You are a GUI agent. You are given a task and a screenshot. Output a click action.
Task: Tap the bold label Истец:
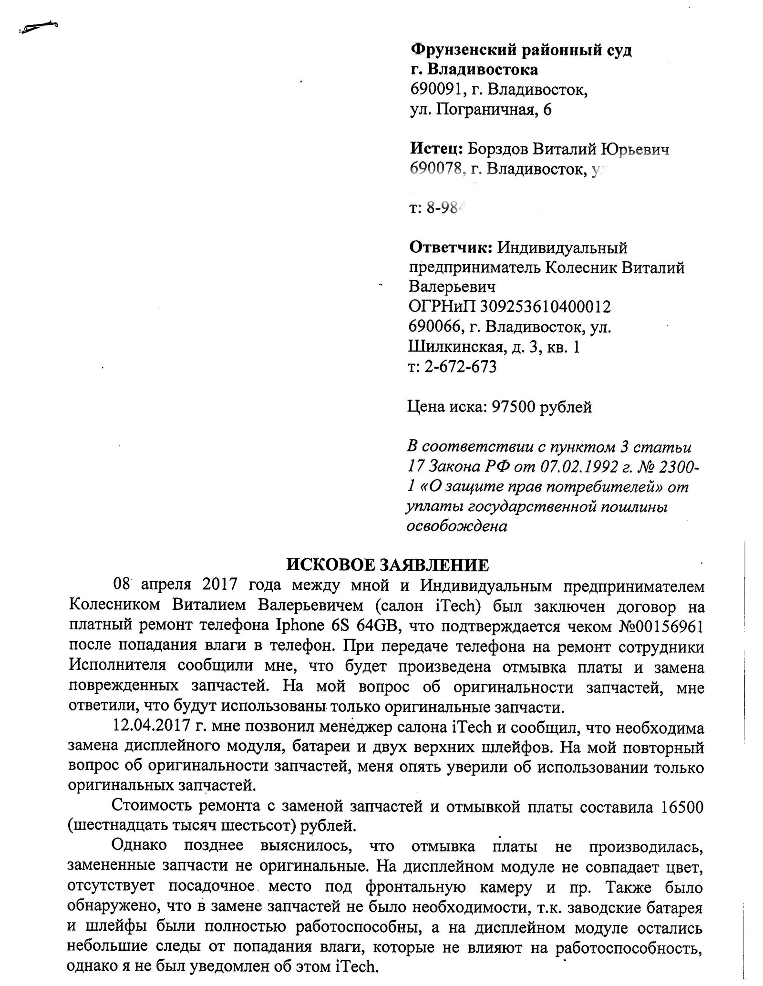(x=436, y=149)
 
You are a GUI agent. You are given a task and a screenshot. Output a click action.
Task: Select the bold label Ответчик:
(x=451, y=248)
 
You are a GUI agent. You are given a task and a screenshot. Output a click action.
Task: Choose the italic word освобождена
(x=456, y=526)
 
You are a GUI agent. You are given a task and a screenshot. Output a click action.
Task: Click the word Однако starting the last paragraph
(x=139, y=845)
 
